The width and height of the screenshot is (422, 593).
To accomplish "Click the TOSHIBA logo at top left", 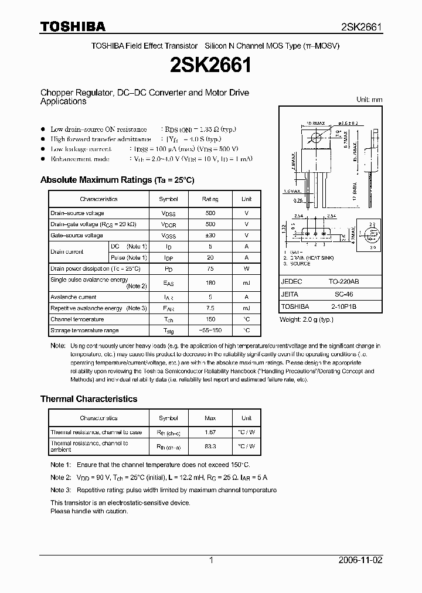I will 73,27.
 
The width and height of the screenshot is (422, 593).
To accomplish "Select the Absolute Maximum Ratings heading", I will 117,180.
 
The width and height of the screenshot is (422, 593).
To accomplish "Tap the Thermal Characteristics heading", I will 89,399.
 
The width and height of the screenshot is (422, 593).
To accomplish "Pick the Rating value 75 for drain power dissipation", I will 210,268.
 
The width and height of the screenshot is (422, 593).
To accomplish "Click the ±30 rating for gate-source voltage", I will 210,236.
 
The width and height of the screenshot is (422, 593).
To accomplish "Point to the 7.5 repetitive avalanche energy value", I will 210,308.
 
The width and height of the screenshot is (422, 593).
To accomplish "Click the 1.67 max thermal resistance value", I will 210,432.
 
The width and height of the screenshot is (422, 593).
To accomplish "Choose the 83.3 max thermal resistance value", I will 210,447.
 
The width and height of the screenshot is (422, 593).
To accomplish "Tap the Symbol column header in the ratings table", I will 169,199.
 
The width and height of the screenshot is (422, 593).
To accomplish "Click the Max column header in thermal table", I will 210,418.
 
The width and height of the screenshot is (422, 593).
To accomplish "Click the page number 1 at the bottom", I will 211,560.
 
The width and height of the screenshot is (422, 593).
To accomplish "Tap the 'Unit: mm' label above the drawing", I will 369,100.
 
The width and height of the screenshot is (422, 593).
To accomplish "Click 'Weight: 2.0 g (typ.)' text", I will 307,319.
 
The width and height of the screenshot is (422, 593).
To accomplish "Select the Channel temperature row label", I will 77,319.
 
